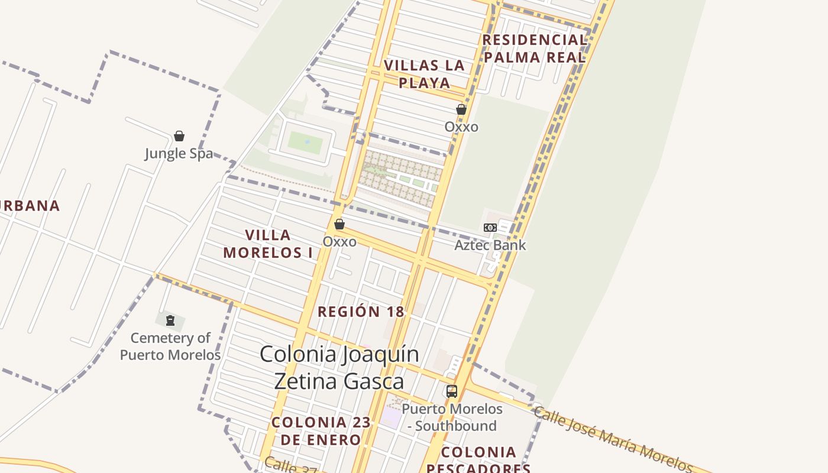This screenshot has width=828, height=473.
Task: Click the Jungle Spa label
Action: click(179, 154)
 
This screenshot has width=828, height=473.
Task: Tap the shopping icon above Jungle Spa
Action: click(179, 136)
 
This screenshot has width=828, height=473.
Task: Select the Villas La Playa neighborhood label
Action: click(424, 74)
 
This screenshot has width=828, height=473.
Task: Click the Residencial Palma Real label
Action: click(534, 48)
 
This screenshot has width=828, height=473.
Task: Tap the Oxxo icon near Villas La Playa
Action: click(461, 109)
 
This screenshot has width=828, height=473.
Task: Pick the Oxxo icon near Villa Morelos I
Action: click(339, 225)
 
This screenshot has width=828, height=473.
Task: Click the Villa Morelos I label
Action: click(268, 244)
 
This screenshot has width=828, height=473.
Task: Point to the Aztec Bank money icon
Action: click(490, 228)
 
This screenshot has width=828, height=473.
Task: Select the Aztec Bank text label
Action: click(490, 245)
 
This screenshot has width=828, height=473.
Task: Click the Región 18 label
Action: click(361, 312)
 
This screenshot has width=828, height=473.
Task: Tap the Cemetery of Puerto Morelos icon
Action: click(170, 321)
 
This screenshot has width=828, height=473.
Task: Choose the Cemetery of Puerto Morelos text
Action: click(170, 346)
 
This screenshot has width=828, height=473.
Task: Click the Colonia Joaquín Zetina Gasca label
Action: click(339, 367)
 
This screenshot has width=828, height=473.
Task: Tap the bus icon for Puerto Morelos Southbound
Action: click(452, 391)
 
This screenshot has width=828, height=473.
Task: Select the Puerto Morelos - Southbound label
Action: click(452, 417)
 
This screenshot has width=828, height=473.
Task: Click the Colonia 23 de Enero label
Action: click(321, 431)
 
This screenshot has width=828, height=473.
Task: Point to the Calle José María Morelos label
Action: click(613, 438)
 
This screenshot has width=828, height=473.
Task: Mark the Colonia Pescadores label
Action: click(478, 461)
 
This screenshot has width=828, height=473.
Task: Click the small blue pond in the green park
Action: click(306, 142)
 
